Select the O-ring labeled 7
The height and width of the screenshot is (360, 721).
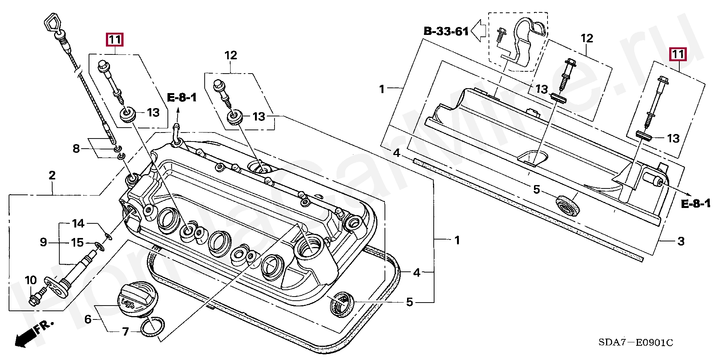click(152, 325)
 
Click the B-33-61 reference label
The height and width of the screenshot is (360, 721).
click(446, 31)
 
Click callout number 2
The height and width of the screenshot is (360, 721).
click(52, 175)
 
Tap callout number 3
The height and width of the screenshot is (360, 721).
click(680, 241)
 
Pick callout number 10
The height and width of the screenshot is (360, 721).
click(30, 280)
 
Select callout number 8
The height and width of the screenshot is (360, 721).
click(76, 149)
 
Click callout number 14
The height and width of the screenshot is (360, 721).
click(78, 224)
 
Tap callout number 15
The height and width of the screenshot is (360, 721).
click(77, 243)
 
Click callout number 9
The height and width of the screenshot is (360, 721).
click(44, 242)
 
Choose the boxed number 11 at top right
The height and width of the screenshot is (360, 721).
click(678, 54)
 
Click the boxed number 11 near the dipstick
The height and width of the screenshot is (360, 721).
click(115, 39)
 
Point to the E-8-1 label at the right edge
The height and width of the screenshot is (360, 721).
click(695, 204)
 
